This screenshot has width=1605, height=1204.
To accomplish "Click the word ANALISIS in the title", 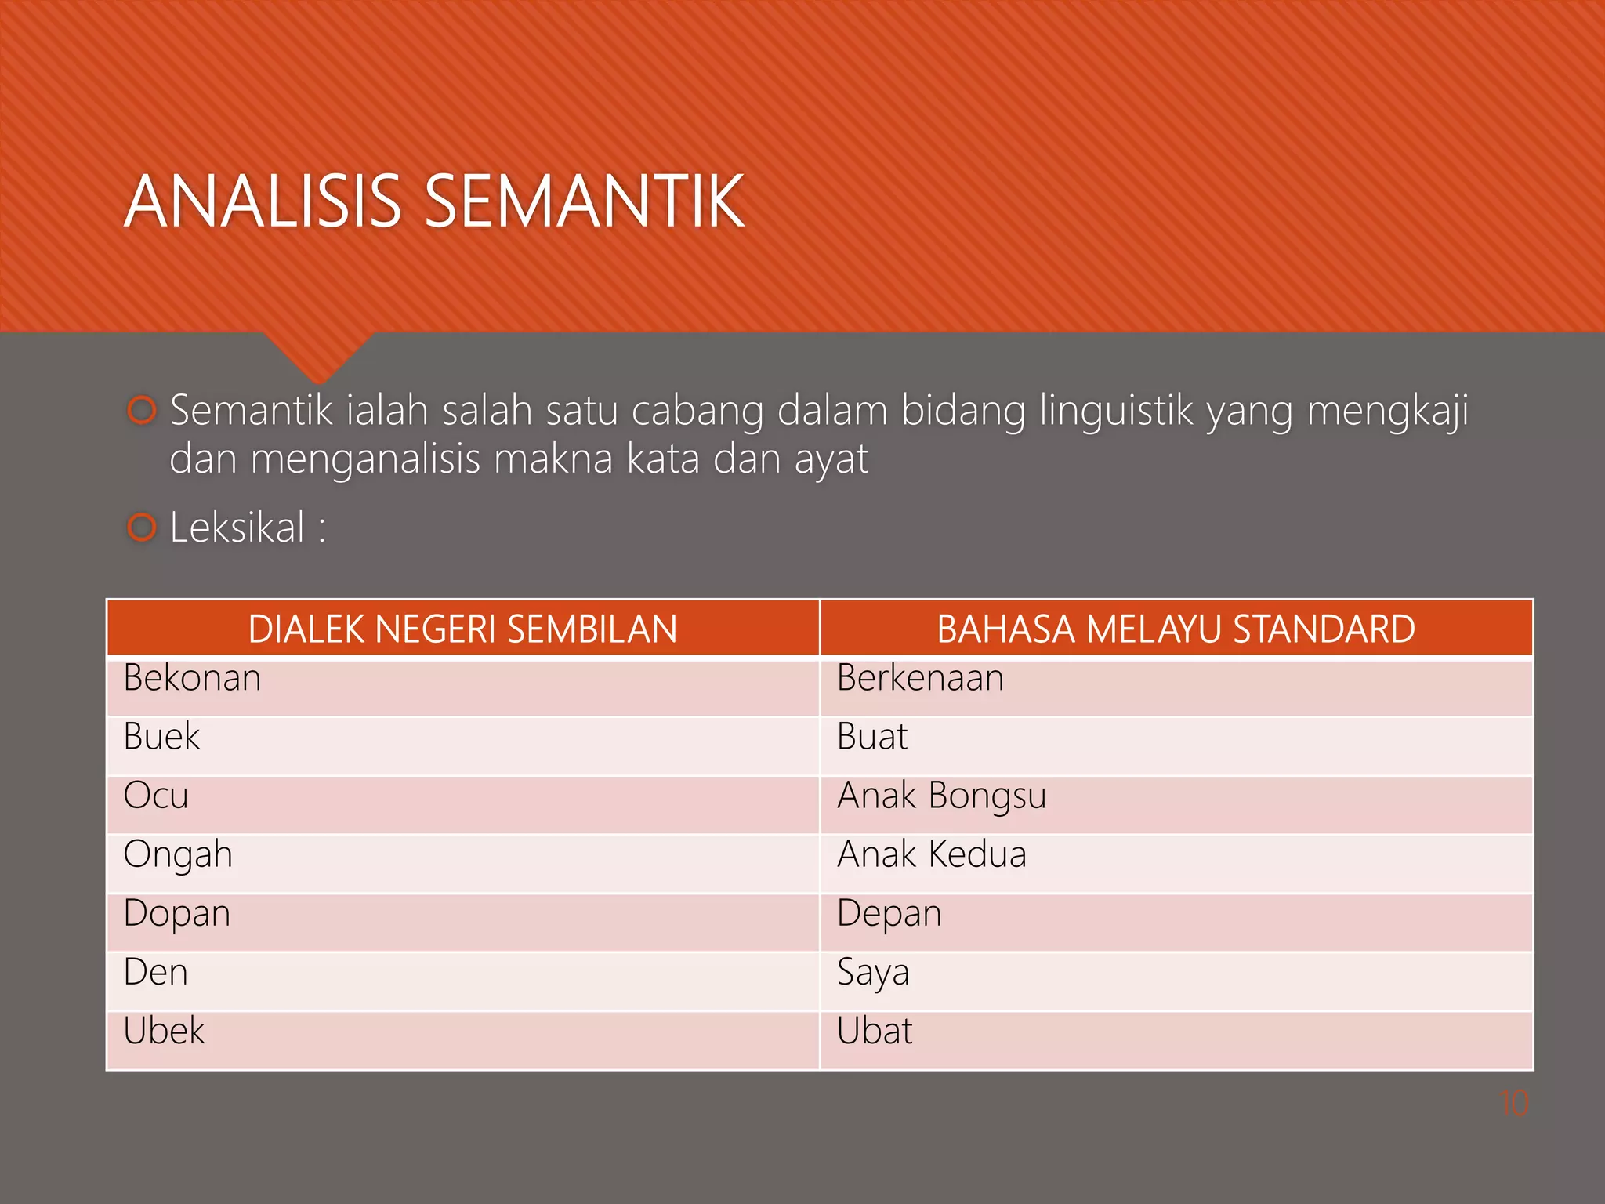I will pos(263,201).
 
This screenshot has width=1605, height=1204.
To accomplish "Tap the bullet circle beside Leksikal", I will pos(142,528).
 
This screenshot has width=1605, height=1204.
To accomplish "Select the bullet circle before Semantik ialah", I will pos(142,410).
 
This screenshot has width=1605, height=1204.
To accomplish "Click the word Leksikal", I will pos(237,527).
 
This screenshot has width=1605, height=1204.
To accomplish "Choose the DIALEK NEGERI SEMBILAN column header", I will pos(462,629).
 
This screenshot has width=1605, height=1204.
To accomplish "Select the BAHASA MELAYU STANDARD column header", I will pos(1176,629).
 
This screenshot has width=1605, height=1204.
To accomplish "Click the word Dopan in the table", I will pos(177,914).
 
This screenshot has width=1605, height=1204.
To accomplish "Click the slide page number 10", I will pos(1513,1103).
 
